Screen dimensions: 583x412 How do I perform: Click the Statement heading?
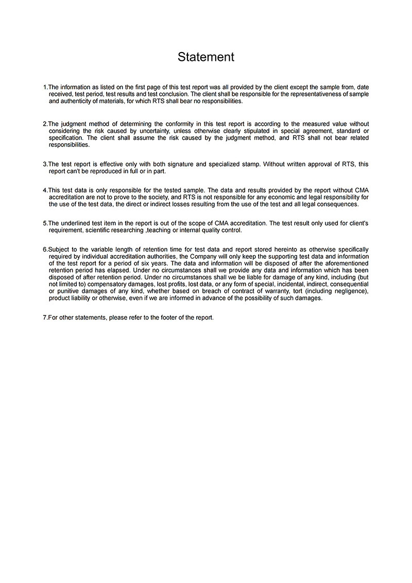[x=206, y=57]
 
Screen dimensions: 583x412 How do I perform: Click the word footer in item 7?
[x=168, y=318]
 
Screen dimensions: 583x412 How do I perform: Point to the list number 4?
[x=45, y=190]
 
